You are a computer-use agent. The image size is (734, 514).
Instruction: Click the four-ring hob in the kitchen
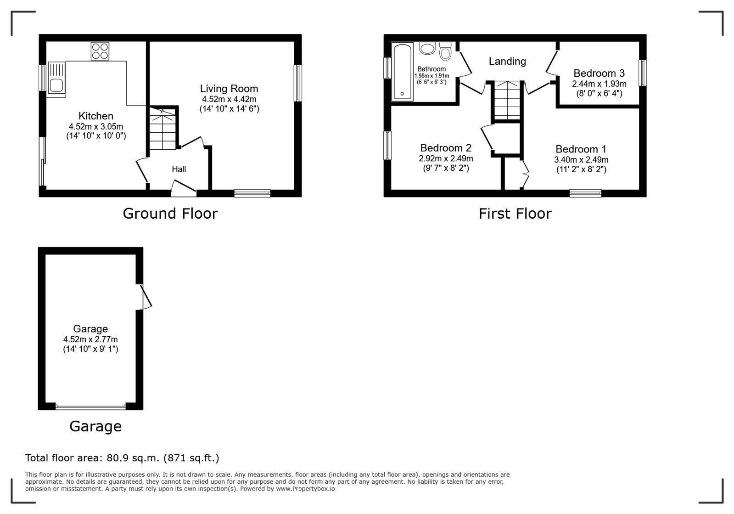pyautogui.click(x=100, y=51)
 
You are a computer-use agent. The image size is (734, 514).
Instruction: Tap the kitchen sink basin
pyautogui.click(x=56, y=86)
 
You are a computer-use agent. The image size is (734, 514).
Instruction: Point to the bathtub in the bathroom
pyautogui.click(x=403, y=72)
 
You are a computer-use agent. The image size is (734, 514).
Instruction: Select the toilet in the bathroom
pyautogui.click(x=445, y=51)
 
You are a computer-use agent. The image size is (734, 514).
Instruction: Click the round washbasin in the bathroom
pyautogui.click(x=427, y=49)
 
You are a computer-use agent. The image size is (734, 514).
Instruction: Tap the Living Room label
pyautogui.click(x=229, y=89)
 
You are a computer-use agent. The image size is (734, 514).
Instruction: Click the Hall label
pyautogui.click(x=179, y=169)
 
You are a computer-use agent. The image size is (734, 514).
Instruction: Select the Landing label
pyautogui.click(x=507, y=61)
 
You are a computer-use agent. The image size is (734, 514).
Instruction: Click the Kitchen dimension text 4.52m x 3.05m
pyautogui.click(x=96, y=126)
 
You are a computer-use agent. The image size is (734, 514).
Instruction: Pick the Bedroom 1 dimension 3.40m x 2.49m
pyautogui.click(x=581, y=160)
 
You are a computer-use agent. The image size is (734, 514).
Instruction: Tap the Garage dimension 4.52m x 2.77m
pyautogui.click(x=90, y=339)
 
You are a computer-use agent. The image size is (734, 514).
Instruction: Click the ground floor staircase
pyautogui.click(x=163, y=128)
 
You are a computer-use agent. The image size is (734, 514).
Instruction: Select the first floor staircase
pyautogui.click(x=507, y=100)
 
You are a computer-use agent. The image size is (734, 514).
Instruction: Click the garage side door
pyautogui.click(x=145, y=297)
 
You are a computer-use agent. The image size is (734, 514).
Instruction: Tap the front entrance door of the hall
pyautogui.click(x=184, y=188)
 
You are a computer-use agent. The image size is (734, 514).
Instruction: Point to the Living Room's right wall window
pyautogui.click(x=297, y=83)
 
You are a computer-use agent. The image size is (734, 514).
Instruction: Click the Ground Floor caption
pyautogui.click(x=170, y=214)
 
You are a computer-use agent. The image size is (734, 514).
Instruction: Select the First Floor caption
pyautogui.click(x=515, y=214)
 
